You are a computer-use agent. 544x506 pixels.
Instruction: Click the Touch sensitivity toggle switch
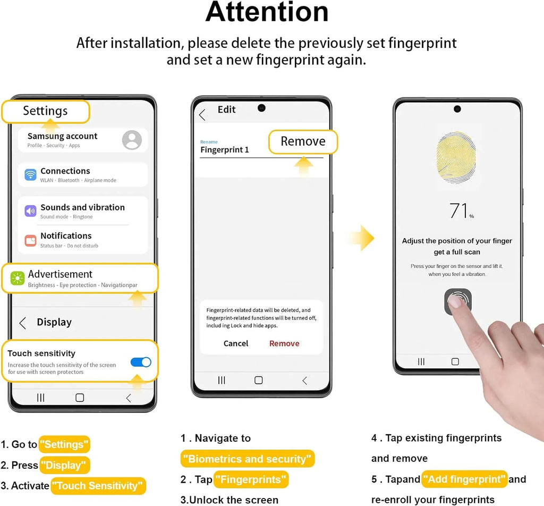click(141, 362)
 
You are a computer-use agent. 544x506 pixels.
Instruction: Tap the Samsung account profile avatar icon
click(132, 140)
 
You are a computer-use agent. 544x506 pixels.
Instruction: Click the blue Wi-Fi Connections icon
click(30, 174)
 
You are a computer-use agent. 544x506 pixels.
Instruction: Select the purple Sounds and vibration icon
click(30, 210)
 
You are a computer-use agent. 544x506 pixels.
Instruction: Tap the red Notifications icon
click(30, 240)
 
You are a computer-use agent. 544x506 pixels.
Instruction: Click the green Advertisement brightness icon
click(18, 279)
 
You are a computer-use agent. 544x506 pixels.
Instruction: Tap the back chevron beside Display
click(22, 323)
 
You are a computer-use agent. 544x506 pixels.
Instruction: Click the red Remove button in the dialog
click(284, 343)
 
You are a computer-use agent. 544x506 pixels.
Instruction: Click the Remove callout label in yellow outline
click(303, 141)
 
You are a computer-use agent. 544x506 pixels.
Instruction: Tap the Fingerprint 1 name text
click(225, 149)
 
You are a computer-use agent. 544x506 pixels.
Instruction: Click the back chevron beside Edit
click(202, 114)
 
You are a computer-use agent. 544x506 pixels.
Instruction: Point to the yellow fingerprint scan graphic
click(456, 157)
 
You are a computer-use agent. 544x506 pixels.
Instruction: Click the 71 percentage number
click(459, 210)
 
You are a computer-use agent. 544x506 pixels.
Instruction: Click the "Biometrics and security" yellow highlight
click(248, 459)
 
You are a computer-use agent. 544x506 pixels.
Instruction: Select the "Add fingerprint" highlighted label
click(465, 479)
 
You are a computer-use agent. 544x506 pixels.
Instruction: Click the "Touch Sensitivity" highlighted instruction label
click(98, 486)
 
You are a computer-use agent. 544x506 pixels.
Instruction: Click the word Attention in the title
click(267, 12)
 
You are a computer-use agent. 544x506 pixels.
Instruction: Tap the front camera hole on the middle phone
click(261, 108)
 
